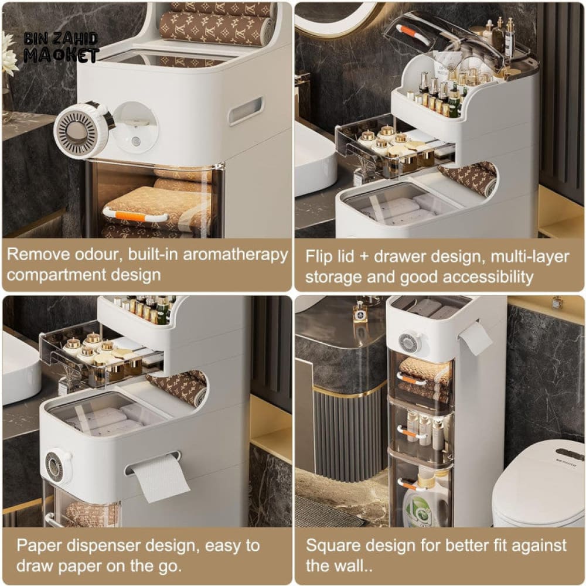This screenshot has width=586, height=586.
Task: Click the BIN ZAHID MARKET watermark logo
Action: (62, 47)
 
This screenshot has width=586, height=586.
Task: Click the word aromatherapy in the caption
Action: (236, 255)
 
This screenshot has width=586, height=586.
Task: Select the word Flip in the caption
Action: (319, 257)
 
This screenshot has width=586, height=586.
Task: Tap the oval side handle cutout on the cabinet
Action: (246, 110)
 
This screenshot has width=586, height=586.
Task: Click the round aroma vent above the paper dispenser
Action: (56, 466)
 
